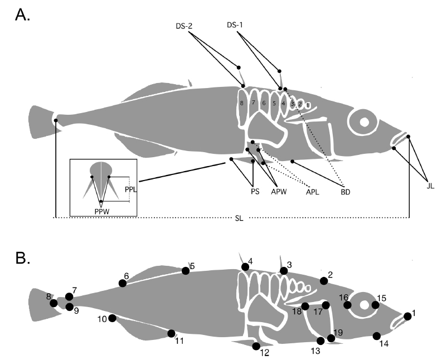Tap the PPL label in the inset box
pos(129,189)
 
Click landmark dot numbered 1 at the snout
pos(407,316)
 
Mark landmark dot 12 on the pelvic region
pos(256,346)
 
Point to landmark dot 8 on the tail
pos(54,303)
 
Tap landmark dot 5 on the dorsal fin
pos(185,271)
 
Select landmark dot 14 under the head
pos(377,335)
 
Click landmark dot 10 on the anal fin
pos(112,318)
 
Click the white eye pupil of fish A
pos(363,122)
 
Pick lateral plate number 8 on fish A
pos(242,103)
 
